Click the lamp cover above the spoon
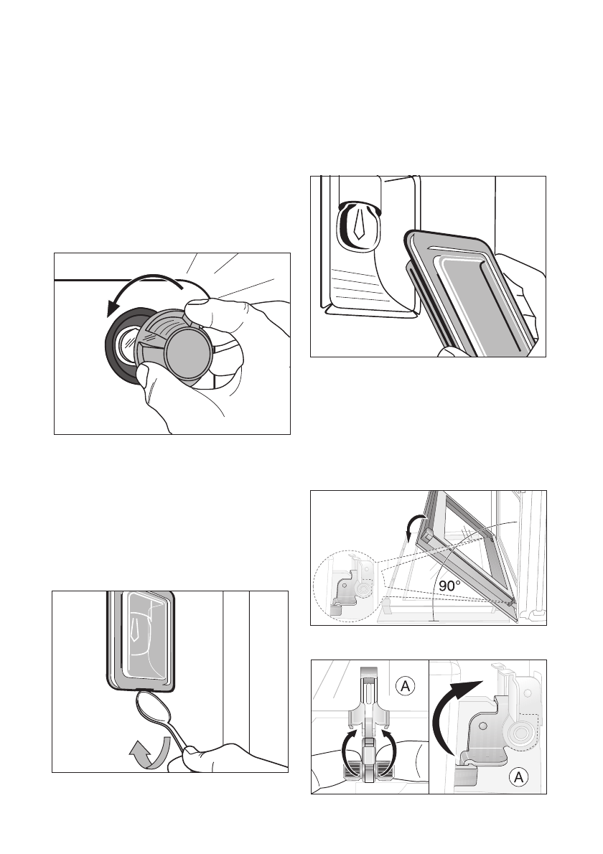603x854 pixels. (x=140, y=639)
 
